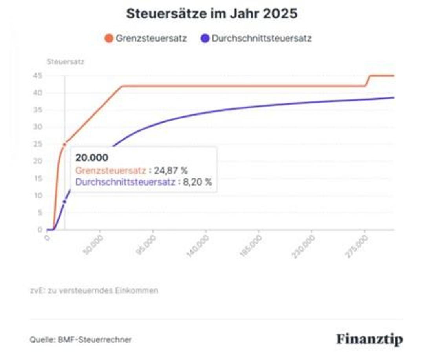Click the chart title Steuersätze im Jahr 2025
click(x=212, y=14)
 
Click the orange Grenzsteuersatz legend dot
click(x=109, y=39)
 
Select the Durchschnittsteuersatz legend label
click(x=262, y=39)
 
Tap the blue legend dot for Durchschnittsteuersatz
click(x=205, y=39)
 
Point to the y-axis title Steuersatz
click(x=65, y=62)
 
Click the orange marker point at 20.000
click(x=64, y=145)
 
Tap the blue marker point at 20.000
click(x=64, y=202)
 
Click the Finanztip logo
click(x=369, y=339)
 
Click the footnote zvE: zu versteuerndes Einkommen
click(x=94, y=291)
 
